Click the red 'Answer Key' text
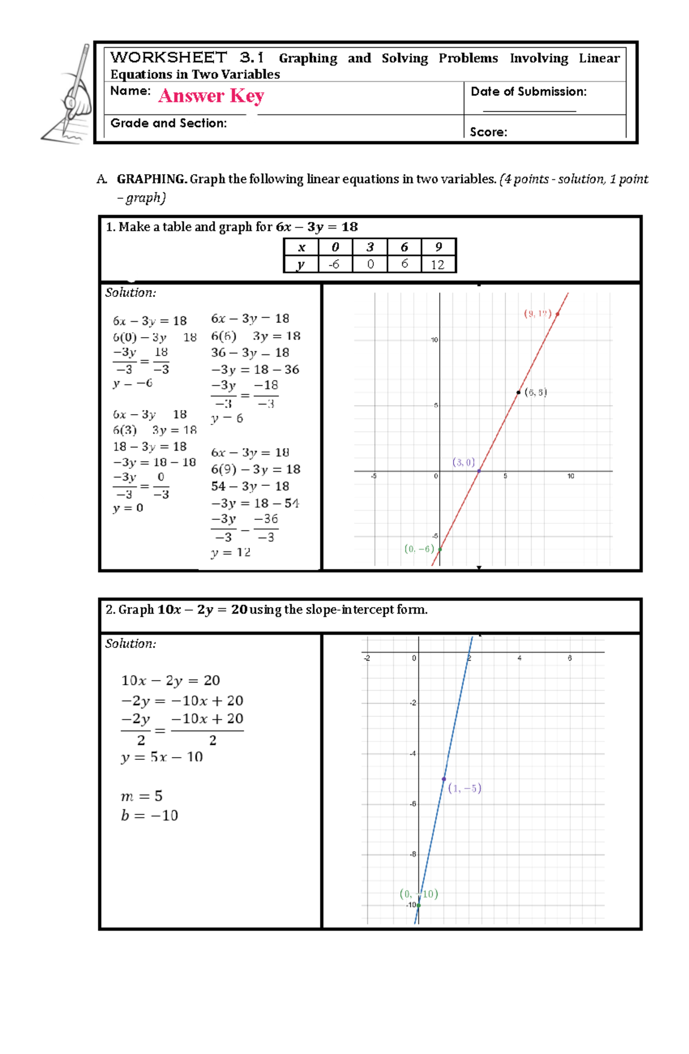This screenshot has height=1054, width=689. pyautogui.click(x=211, y=95)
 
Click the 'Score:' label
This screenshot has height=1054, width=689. pyautogui.click(x=488, y=132)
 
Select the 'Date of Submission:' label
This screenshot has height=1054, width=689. pyautogui.click(x=528, y=92)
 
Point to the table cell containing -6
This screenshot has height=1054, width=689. pyautogui.click(x=334, y=264)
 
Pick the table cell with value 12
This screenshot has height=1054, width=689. pyautogui.click(x=438, y=264)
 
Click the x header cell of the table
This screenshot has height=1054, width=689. pyautogui.click(x=301, y=247)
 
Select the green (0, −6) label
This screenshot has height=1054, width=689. pyautogui.click(x=419, y=549)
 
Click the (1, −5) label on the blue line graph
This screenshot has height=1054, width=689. pyautogui.click(x=465, y=788)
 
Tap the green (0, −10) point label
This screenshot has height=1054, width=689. pyautogui.click(x=419, y=894)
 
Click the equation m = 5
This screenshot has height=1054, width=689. pyautogui.click(x=141, y=796)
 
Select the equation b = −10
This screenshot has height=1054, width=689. pyautogui.click(x=149, y=816)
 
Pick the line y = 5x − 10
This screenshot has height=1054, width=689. pyautogui.click(x=162, y=757)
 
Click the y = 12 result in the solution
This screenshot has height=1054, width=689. pyautogui.click(x=230, y=553)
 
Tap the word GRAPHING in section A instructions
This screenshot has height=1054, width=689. pyautogui.click(x=151, y=179)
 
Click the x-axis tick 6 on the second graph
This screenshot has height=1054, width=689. pyautogui.click(x=570, y=658)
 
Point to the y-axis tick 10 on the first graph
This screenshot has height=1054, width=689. pyautogui.click(x=434, y=340)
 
